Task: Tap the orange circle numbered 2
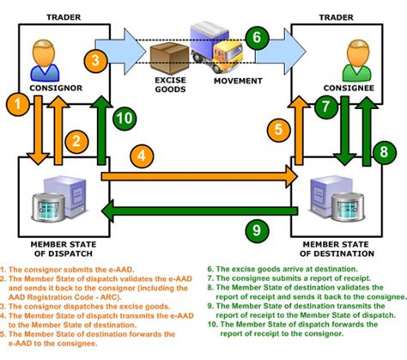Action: point(76,141)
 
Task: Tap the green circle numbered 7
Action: point(325,108)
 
